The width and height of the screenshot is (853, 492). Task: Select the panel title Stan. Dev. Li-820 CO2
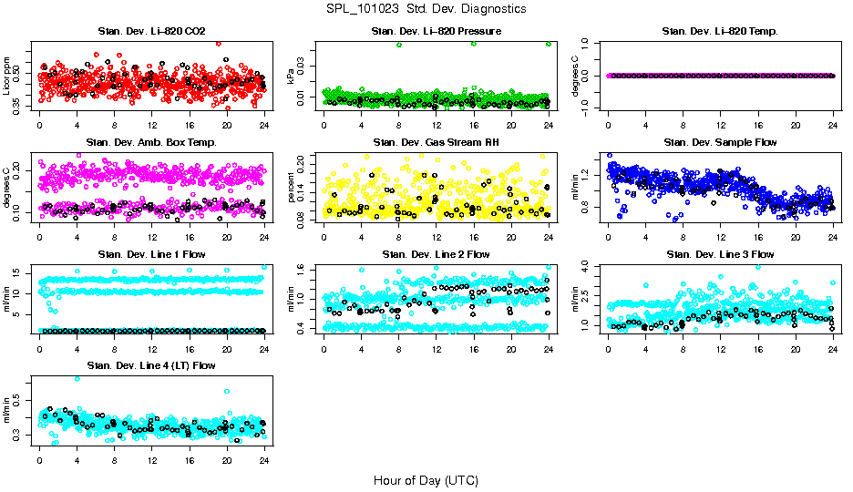pos(151,32)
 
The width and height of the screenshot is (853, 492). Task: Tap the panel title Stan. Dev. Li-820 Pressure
pos(436,32)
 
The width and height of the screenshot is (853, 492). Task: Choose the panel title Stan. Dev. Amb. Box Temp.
pos(151,143)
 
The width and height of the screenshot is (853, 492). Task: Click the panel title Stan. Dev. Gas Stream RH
pos(436,143)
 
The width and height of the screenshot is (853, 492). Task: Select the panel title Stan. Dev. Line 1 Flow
pos(151,254)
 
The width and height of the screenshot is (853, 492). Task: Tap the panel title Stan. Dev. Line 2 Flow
pos(436,254)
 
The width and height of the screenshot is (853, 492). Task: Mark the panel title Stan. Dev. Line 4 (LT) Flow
pos(151,365)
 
